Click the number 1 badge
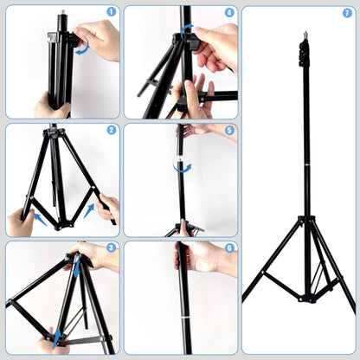tap(111, 13)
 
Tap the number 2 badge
tap(111, 131)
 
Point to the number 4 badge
tap(229, 13)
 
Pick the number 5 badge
tap(229, 131)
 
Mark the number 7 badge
tap(347, 13)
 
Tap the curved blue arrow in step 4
tap(187, 31)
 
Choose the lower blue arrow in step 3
tap(57, 337)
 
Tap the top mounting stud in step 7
tap(305, 35)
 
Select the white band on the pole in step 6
tap(183, 319)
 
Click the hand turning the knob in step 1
tap(100, 39)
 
